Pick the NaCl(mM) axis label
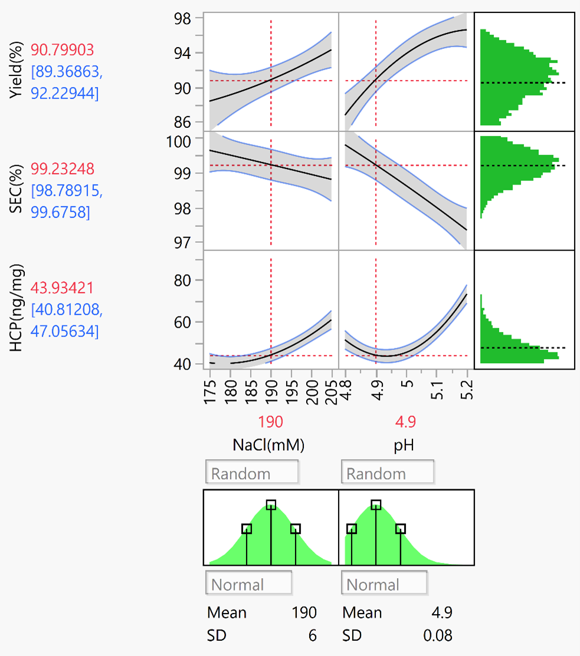270,446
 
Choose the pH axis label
404,446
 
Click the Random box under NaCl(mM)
251,473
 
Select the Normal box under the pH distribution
384,585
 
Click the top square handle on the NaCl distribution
271,505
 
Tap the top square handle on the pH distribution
376,505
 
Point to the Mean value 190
304,613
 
